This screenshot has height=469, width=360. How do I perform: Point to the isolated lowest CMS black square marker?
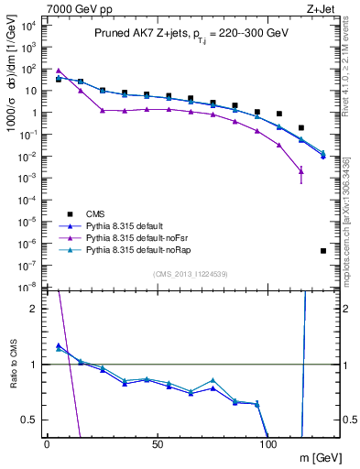click(323, 250)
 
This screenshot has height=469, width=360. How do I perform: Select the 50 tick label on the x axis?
click(158, 444)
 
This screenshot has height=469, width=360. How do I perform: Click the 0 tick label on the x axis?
click(47, 444)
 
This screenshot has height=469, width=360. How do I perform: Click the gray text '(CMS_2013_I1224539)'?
click(191, 274)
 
